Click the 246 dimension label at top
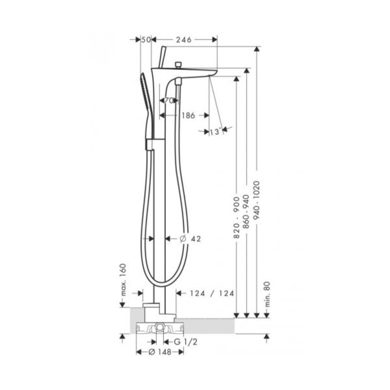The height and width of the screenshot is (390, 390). point(184,39)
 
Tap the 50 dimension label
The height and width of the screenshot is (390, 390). point(146,39)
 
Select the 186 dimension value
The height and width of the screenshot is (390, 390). point(188,116)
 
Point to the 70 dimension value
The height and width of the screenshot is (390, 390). point(169,101)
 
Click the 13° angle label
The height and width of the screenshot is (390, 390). point(215,132)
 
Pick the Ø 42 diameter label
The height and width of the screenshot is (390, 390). point(190,239)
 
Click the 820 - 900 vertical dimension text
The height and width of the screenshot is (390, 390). point(236,217)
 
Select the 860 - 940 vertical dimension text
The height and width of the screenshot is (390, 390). point(246,212)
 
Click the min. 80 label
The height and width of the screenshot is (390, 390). point(267,294)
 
